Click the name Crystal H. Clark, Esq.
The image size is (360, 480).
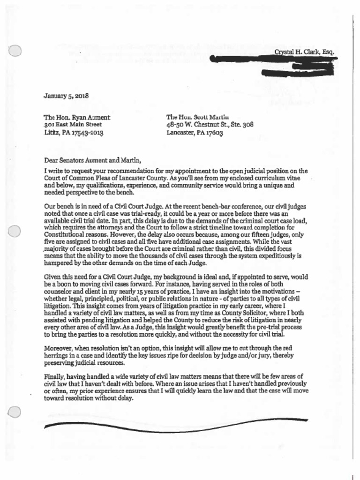[x=304, y=52]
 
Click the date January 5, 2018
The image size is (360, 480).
[x=66, y=97]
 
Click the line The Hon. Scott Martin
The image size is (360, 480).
[x=194, y=117]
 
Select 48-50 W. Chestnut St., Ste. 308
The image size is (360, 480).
[x=210, y=125]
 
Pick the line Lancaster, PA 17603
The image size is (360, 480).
[x=195, y=133]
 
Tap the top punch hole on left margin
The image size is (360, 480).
[x=15, y=51]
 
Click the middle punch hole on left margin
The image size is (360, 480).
[x=15, y=231]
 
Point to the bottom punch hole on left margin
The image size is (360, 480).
[x=15, y=412]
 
